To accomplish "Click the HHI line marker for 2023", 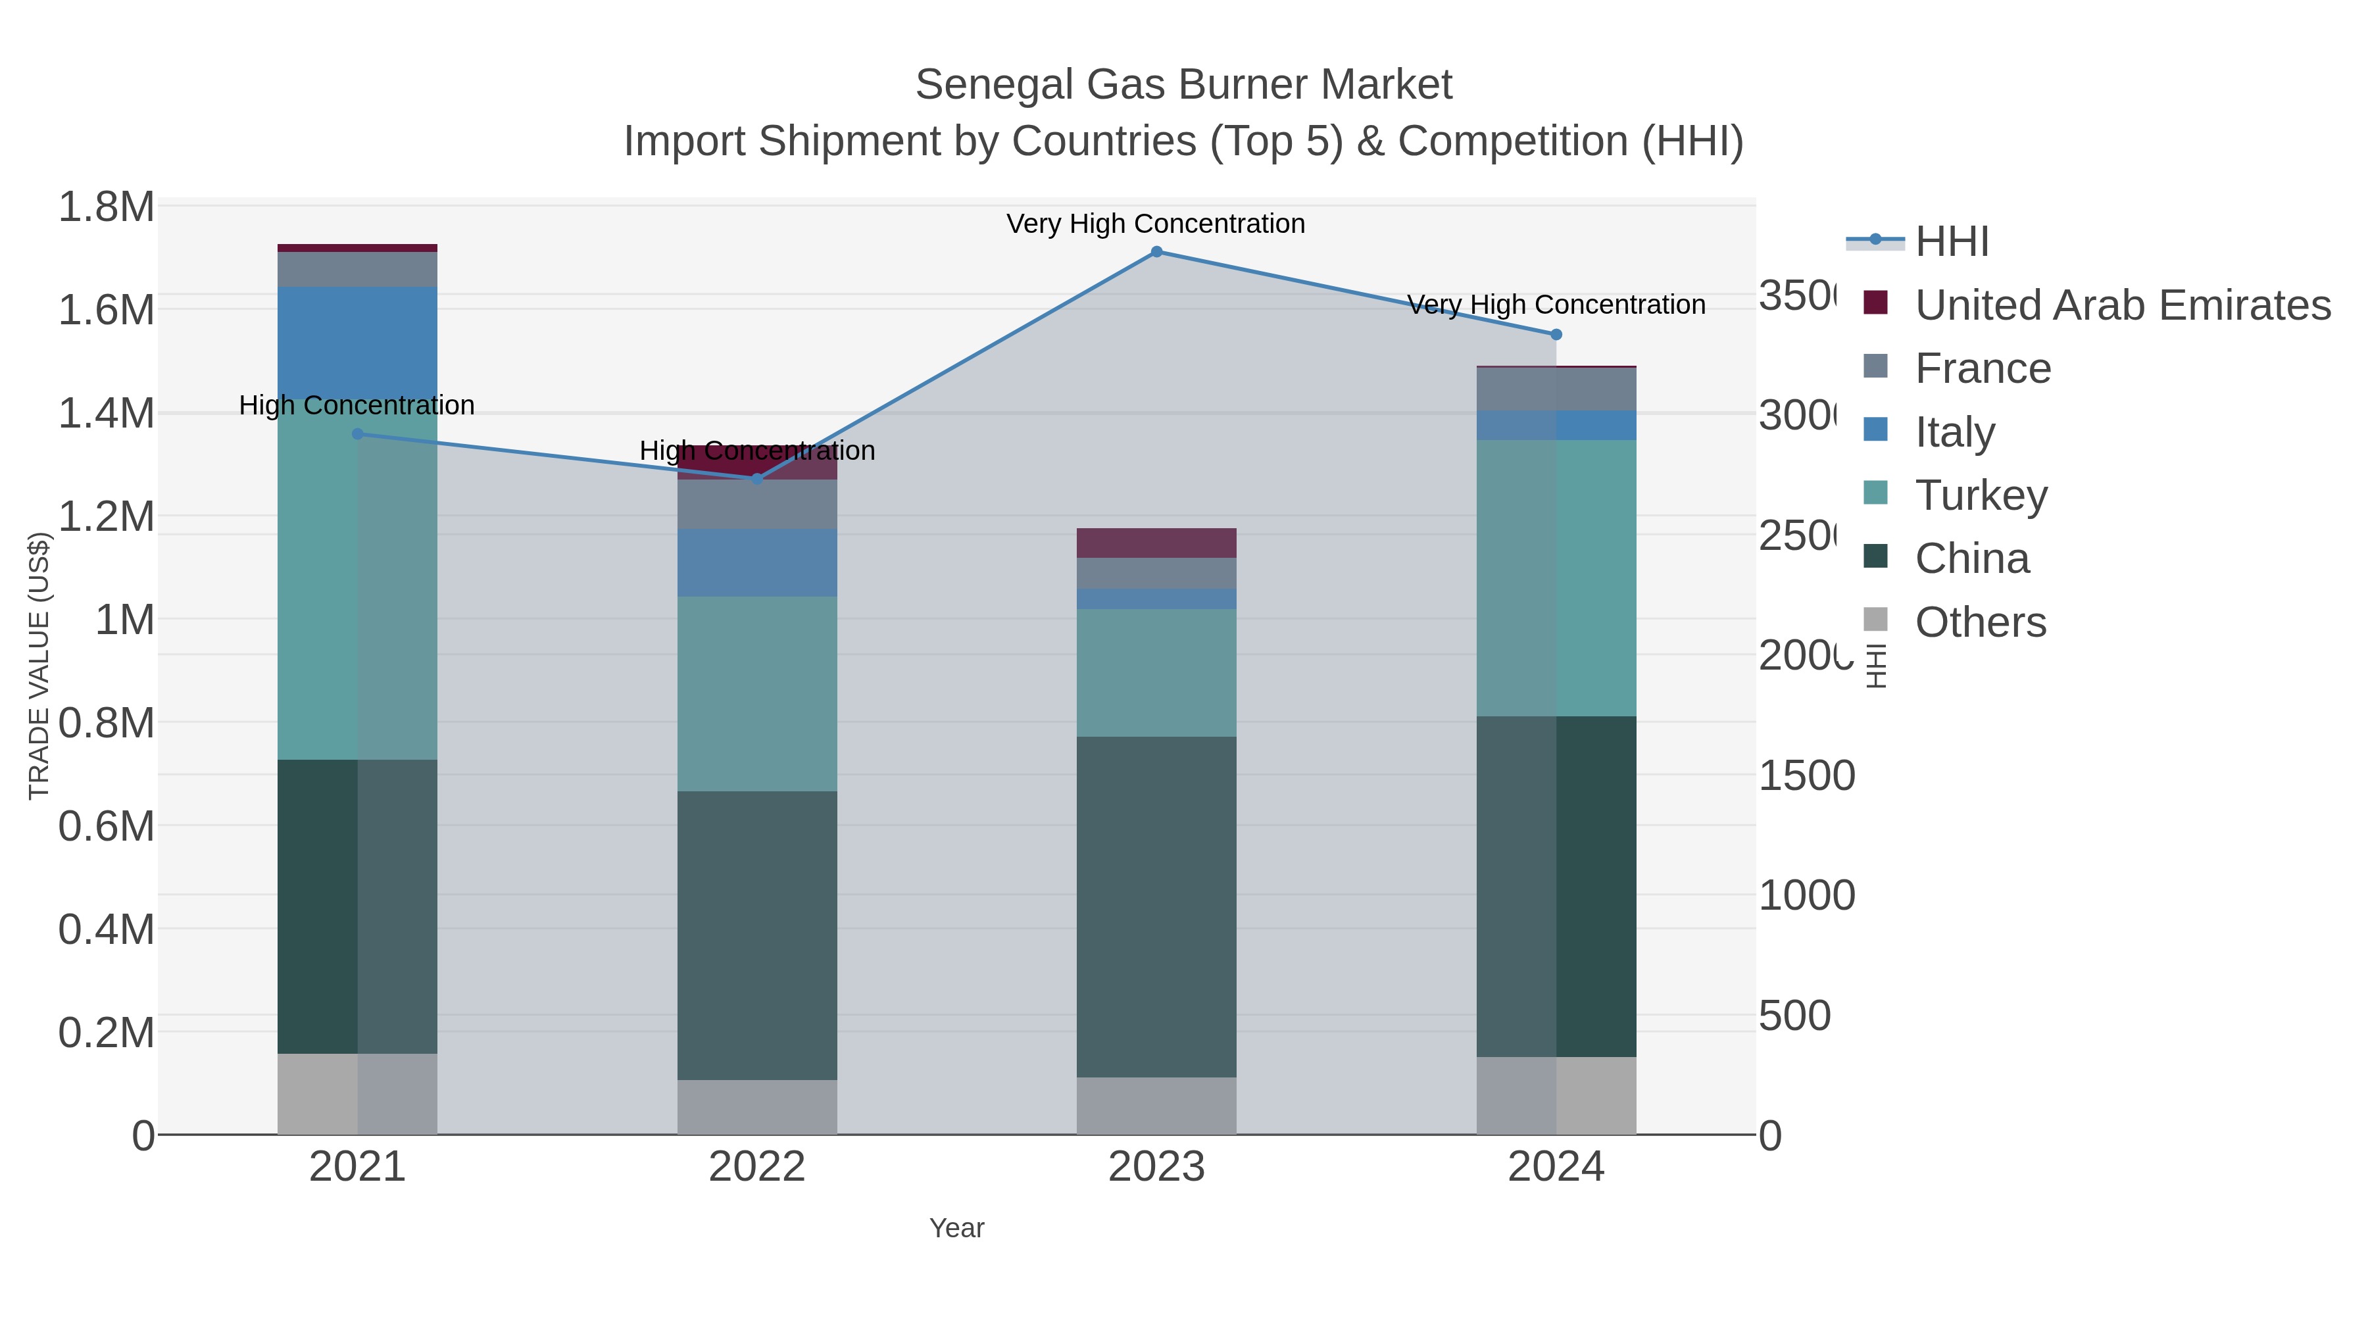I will click(1156, 252).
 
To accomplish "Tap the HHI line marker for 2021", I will click(358, 434).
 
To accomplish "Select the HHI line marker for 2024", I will click(1556, 335).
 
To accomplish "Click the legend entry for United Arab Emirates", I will click(2121, 305).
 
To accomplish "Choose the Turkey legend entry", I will click(1981, 495).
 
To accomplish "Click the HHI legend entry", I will click(1951, 242).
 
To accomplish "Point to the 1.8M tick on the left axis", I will click(107, 207).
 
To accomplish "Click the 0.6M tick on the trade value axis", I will click(107, 826).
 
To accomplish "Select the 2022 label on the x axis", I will click(756, 1168).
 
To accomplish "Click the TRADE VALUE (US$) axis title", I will click(39, 666).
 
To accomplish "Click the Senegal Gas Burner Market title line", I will click(1183, 85).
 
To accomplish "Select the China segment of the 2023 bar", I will click(1156, 906).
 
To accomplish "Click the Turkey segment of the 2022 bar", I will click(756, 694).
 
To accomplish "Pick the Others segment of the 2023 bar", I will click(1156, 1106).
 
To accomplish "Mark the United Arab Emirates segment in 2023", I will click(1156, 543).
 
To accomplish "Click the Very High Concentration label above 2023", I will click(1156, 224).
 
